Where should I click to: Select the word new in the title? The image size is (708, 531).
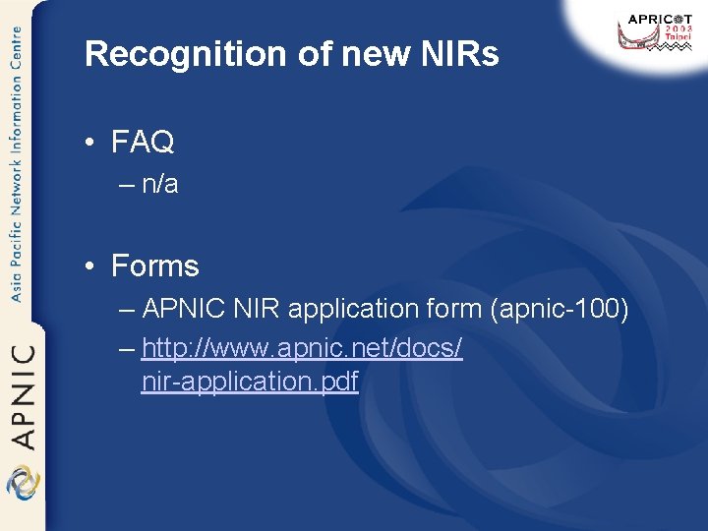click(360, 55)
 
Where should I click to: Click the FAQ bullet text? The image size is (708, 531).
click(143, 143)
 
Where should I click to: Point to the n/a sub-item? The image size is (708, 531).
click(160, 184)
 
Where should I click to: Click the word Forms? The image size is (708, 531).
click(155, 265)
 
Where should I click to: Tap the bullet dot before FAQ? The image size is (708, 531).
click(89, 144)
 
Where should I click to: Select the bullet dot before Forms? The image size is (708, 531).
click(89, 266)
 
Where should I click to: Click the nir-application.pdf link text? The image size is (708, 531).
click(250, 381)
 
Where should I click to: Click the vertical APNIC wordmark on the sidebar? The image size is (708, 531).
click(23, 394)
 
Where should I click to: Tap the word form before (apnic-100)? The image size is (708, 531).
click(452, 309)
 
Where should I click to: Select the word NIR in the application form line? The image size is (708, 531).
click(255, 309)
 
